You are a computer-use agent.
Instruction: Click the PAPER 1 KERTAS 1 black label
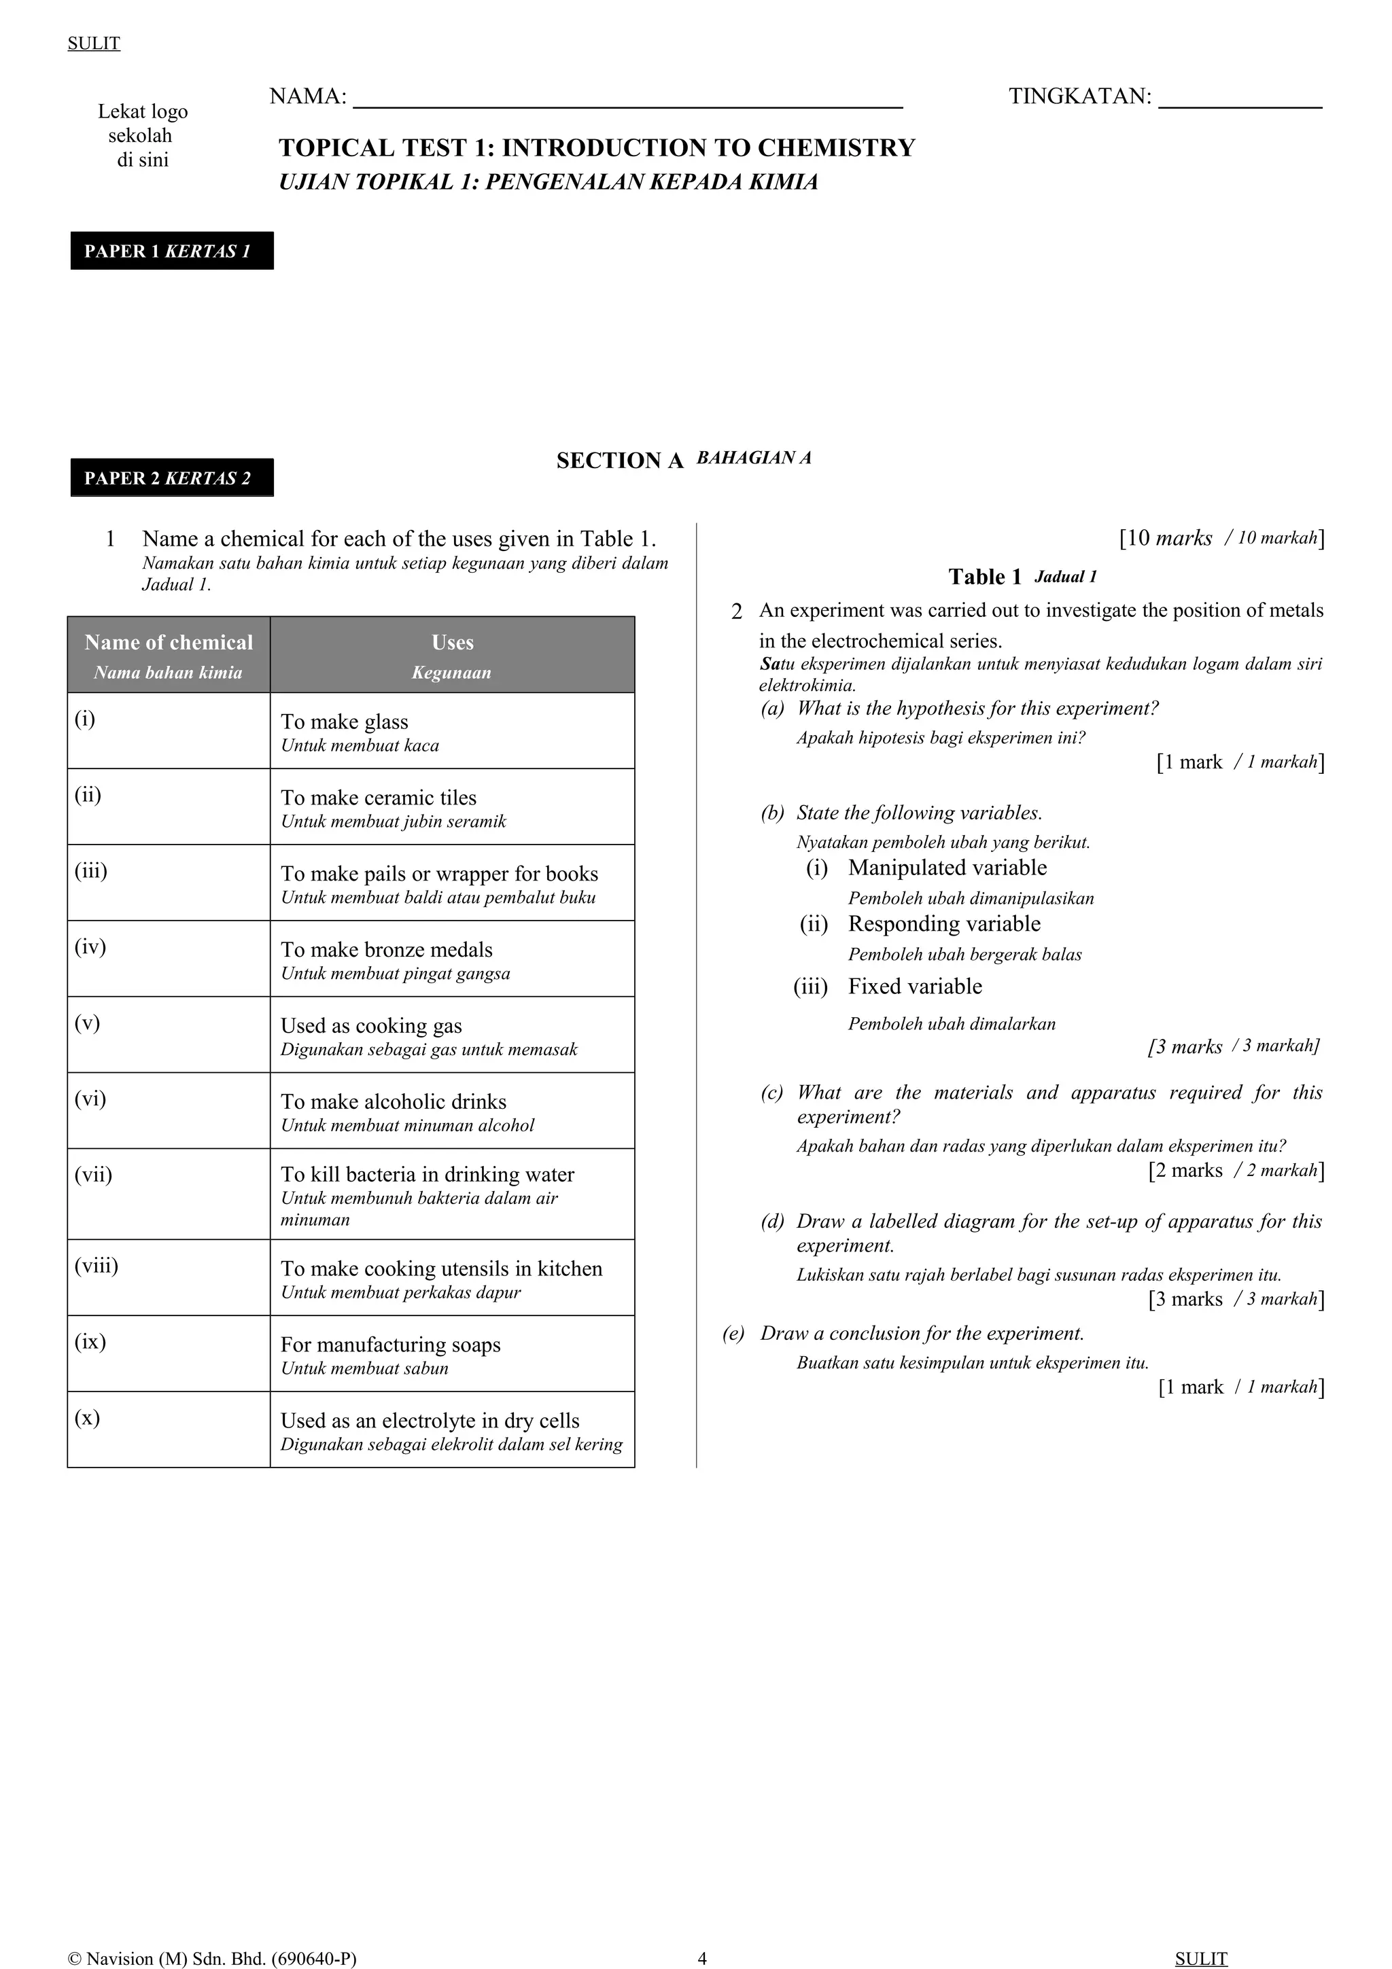click(171, 251)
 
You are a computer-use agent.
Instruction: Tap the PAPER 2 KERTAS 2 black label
click(171, 478)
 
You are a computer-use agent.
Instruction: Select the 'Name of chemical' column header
click(169, 654)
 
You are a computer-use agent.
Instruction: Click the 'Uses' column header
click(452, 654)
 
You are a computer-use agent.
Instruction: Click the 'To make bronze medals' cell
click(452, 959)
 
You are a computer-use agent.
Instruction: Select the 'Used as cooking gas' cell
click(452, 1035)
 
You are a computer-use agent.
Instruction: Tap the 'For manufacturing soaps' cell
click(452, 1354)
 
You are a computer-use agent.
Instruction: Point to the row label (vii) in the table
click(94, 1175)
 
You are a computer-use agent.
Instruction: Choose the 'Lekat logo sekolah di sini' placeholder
click(141, 135)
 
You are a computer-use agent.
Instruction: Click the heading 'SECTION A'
click(619, 461)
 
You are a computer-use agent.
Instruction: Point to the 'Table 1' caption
click(985, 577)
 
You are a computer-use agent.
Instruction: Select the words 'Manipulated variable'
click(947, 868)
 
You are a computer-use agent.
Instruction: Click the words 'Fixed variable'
click(914, 987)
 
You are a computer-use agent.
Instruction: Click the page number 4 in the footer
click(702, 1959)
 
